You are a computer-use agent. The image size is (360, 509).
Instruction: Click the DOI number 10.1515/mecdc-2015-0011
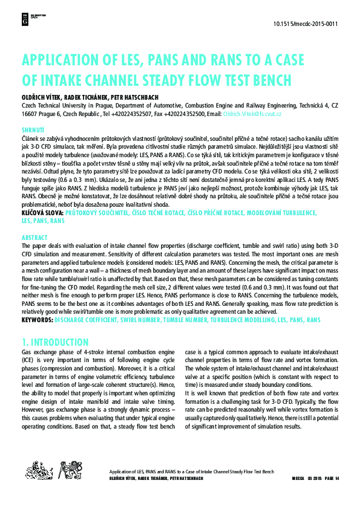pos(306,25)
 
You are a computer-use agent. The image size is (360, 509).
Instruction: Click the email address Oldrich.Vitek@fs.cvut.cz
pos(257,113)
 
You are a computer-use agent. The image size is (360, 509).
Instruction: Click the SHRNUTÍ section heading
pos(33,130)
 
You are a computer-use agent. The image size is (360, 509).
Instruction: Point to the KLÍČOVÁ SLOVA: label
pos(42,213)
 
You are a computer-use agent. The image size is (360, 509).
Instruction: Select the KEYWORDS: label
pos(37,319)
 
